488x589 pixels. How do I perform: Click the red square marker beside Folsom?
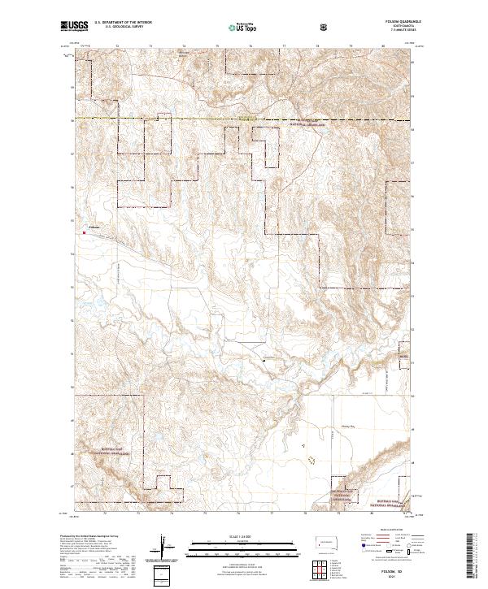point(85,232)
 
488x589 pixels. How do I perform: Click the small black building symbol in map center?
point(264,358)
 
